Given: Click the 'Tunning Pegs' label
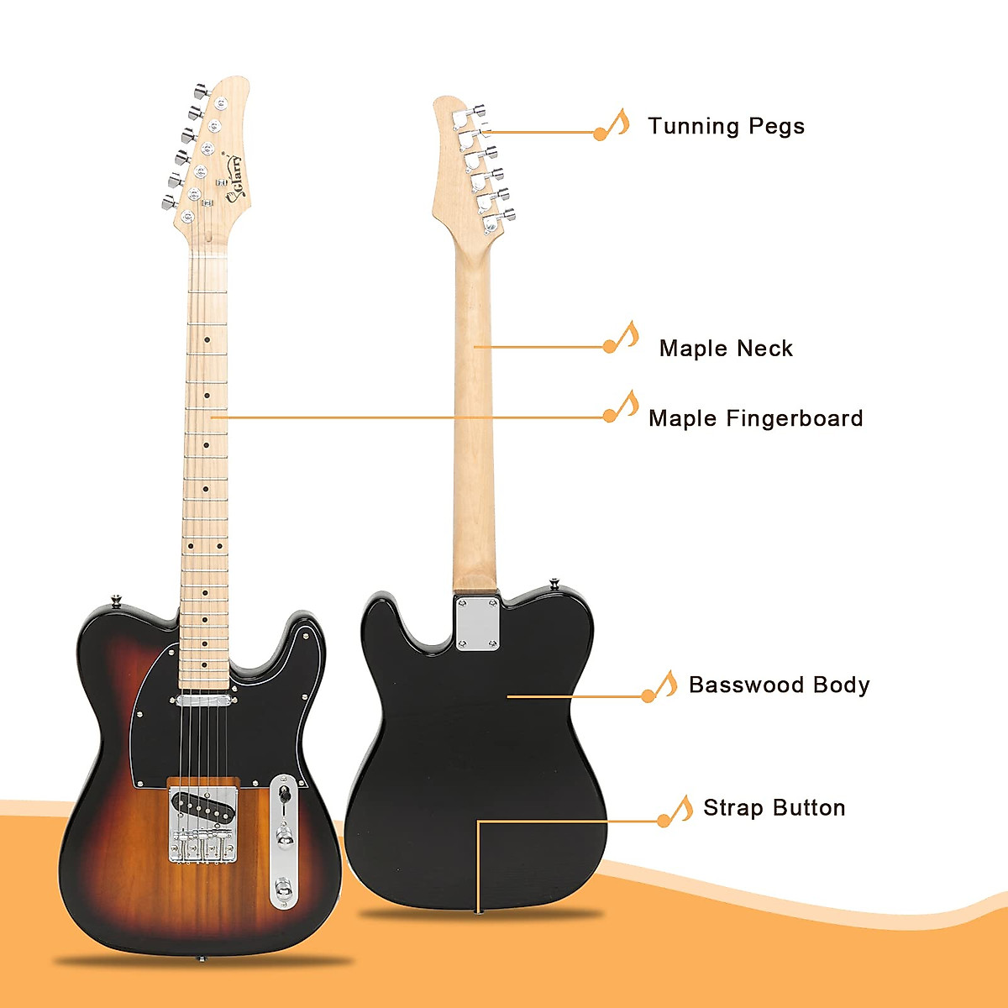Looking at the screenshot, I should point(726,127).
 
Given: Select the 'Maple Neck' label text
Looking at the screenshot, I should point(726,349).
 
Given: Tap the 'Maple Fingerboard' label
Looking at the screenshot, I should point(755,418).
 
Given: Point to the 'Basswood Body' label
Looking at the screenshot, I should point(779,685).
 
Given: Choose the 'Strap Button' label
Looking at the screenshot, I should point(774,808).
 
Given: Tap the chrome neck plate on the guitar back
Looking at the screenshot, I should point(477,622).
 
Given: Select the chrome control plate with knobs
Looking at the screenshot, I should point(284,840).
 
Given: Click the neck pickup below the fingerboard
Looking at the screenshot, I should point(205,697).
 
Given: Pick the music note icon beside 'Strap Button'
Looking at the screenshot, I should point(675,811).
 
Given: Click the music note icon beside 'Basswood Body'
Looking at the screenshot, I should point(660,687).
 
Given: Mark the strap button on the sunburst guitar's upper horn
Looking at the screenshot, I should point(116,601).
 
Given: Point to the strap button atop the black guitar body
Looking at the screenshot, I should point(555,581).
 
